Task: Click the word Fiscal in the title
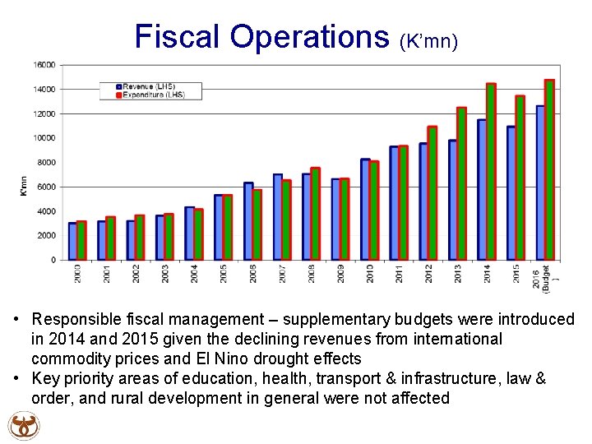tap(178, 36)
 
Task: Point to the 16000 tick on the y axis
tap(44, 65)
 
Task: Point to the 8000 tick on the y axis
tap(46, 163)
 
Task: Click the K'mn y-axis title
tap(24, 187)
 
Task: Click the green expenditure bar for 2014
tap(491, 173)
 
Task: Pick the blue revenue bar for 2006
tap(247, 222)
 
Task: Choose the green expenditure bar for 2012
tap(432, 194)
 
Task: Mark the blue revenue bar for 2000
tap(72, 242)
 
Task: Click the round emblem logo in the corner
tap(23, 426)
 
